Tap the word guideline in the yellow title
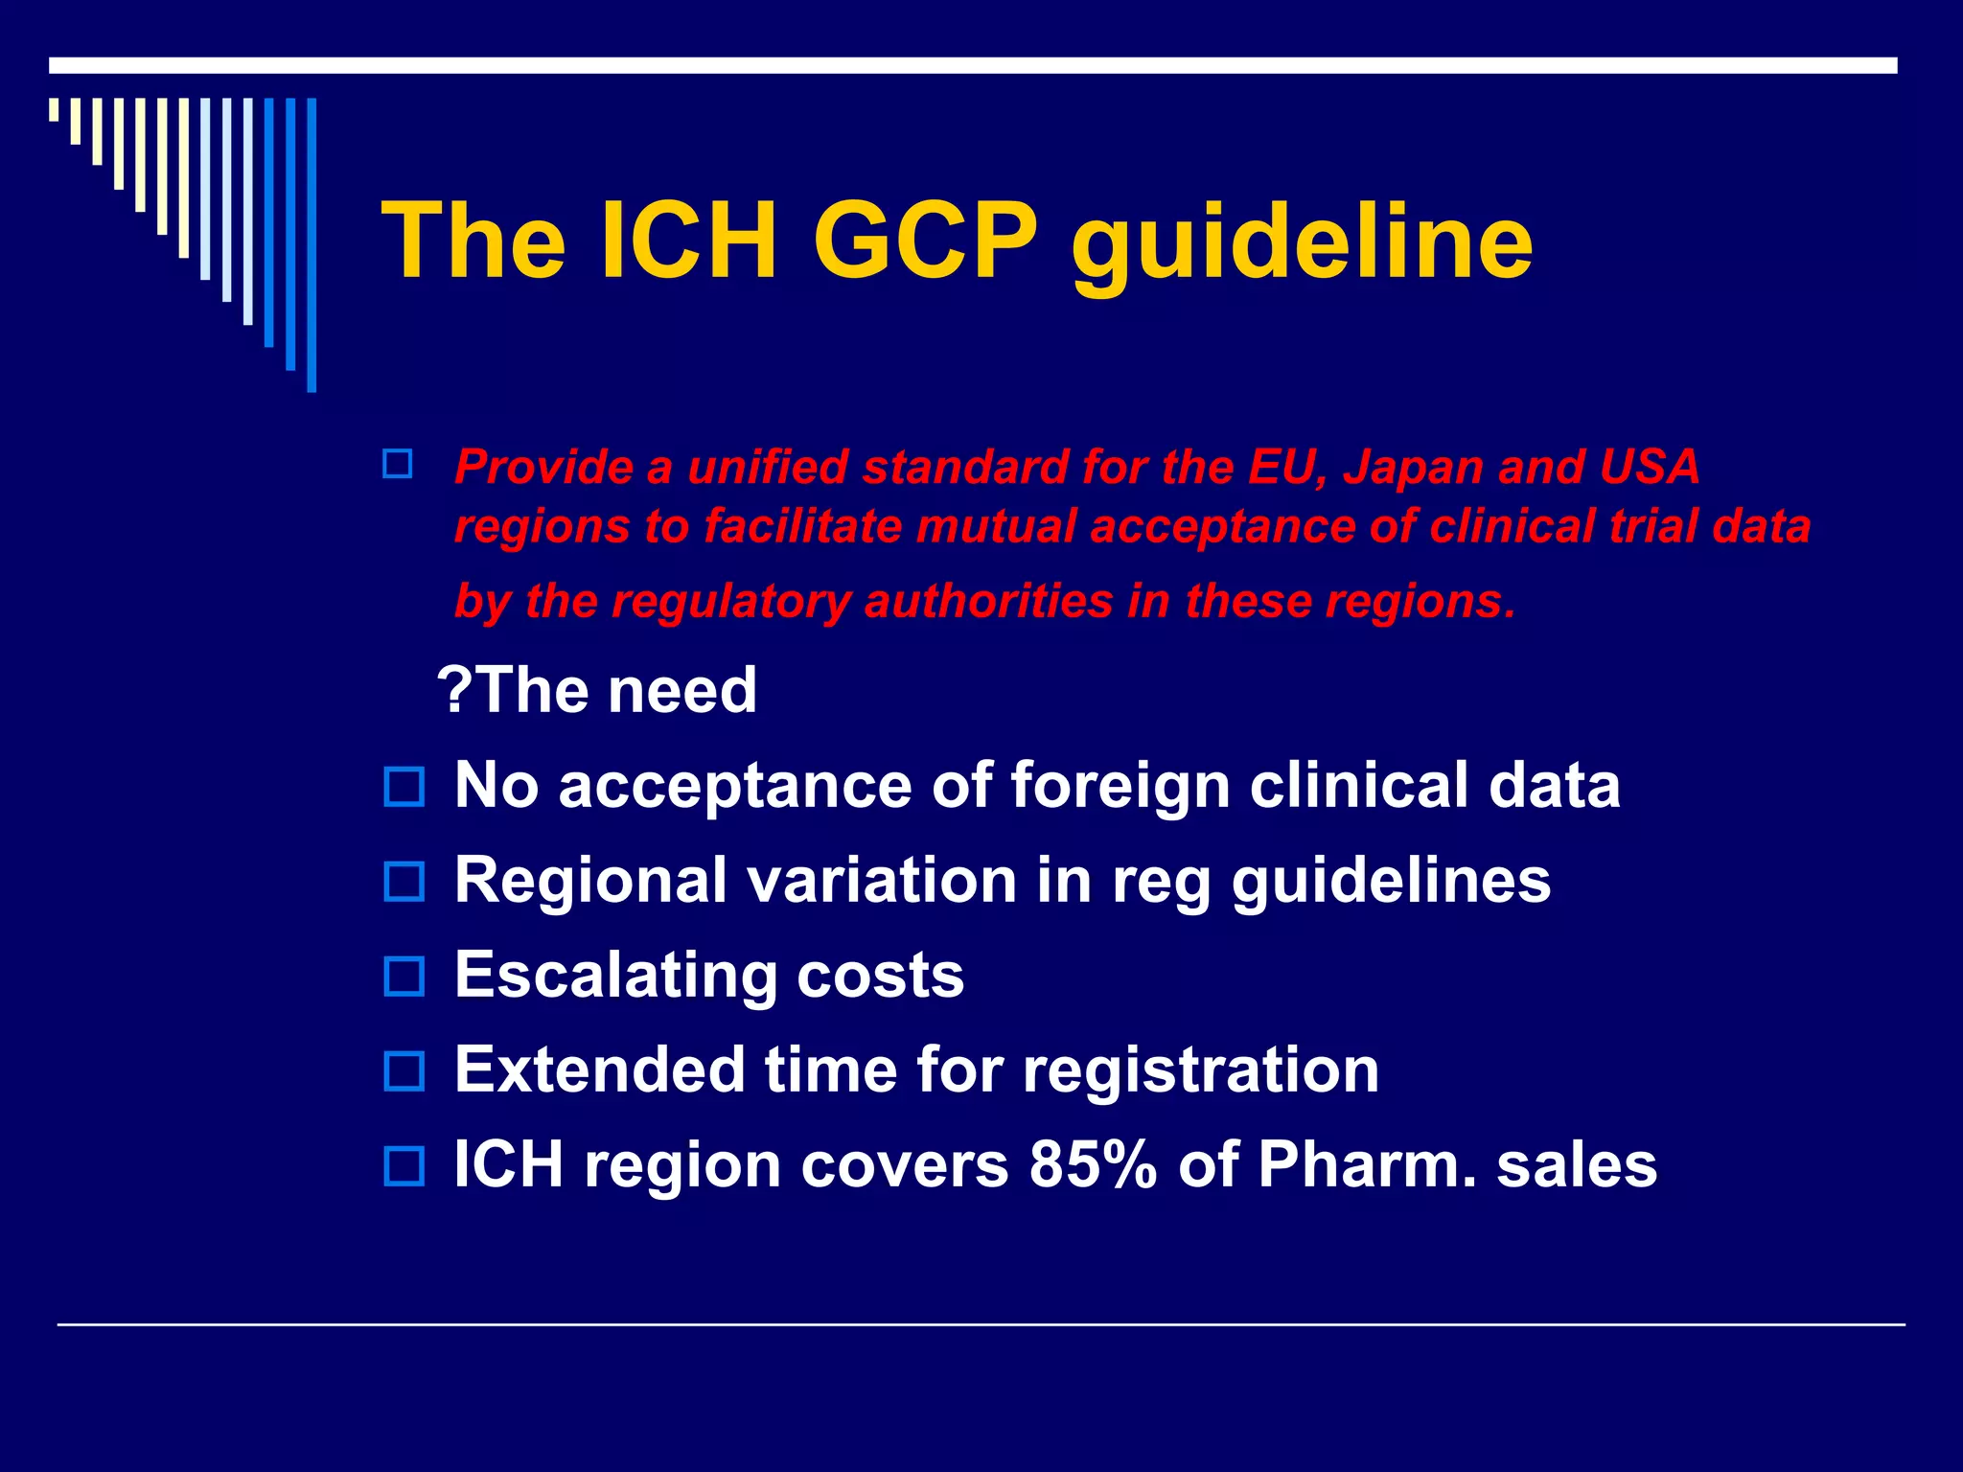[1302, 244]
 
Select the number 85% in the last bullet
[1094, 1165]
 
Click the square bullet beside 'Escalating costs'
[404, 977]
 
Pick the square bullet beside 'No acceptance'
[404, 787]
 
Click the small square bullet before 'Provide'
[397, 465]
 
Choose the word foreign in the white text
[1120, 787]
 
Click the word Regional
[590, 882]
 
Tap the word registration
[1201, 1069]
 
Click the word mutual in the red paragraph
[996, 527]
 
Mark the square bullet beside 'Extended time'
[404, 1070]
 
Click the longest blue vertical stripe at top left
[312, 245]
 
